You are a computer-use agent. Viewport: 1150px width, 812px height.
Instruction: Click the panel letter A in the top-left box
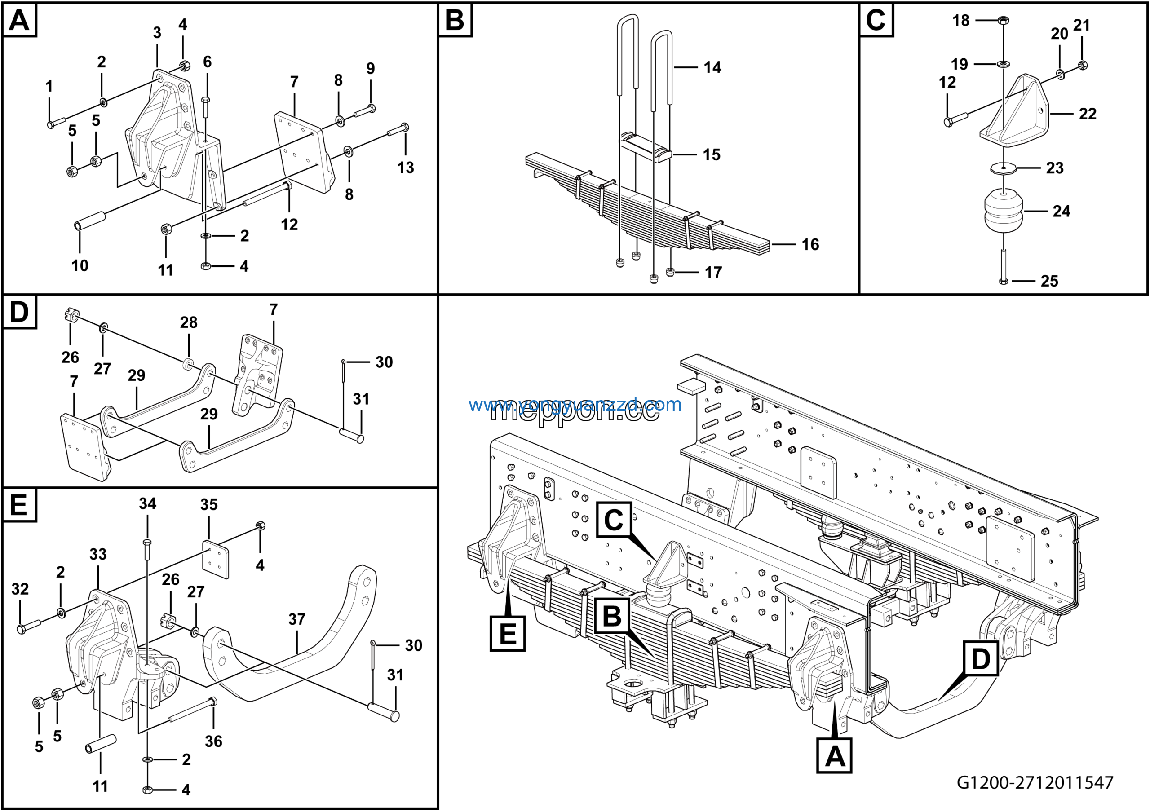pyautogui.click(x=19, y=21)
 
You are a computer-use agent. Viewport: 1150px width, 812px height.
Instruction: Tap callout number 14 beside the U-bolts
pyautogui.click(x=712, y=67)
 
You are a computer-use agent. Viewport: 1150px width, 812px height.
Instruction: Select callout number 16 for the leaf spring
pyautogui.click(x=810, y=244)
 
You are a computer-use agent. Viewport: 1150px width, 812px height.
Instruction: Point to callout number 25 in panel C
pyautogui.click(x=1049, y=281)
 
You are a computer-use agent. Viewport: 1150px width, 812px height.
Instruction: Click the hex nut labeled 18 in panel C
pyautogui.click(x=1003, y=21)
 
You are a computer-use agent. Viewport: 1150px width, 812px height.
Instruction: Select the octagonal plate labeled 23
pyautogui.click(x=1003, y=168)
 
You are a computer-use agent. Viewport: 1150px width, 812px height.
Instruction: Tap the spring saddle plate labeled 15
pyautogui.click(x=646, y=148)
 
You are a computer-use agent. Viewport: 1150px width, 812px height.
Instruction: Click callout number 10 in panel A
pyautogui.click(x=80, y=265)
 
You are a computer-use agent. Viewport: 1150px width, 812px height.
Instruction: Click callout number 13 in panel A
pyautogui.click(x=406, y=167)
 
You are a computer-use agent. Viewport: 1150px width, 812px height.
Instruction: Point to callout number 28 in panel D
pyautogui.click(x=189, y=322)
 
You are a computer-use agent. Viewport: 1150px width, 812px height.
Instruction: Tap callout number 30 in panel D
pyautogui.click(x=384, y=362)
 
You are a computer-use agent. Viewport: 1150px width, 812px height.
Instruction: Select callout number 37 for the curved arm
pyautogui.click(x=297, y=619)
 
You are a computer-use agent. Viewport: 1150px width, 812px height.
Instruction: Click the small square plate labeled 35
pyautogui.click(x=215, y=559)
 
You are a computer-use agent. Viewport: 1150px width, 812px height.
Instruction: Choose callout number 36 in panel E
pyautogui.click(x=213, y=741)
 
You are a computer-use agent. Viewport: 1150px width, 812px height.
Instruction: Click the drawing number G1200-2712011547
pyautogui.click(x=1035, y=782)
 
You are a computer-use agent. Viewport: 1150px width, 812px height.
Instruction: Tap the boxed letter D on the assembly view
pyautogui.click(x=981, y=659)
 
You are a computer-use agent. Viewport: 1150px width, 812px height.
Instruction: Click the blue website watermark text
pyautogui.click(x=575, y=405)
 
